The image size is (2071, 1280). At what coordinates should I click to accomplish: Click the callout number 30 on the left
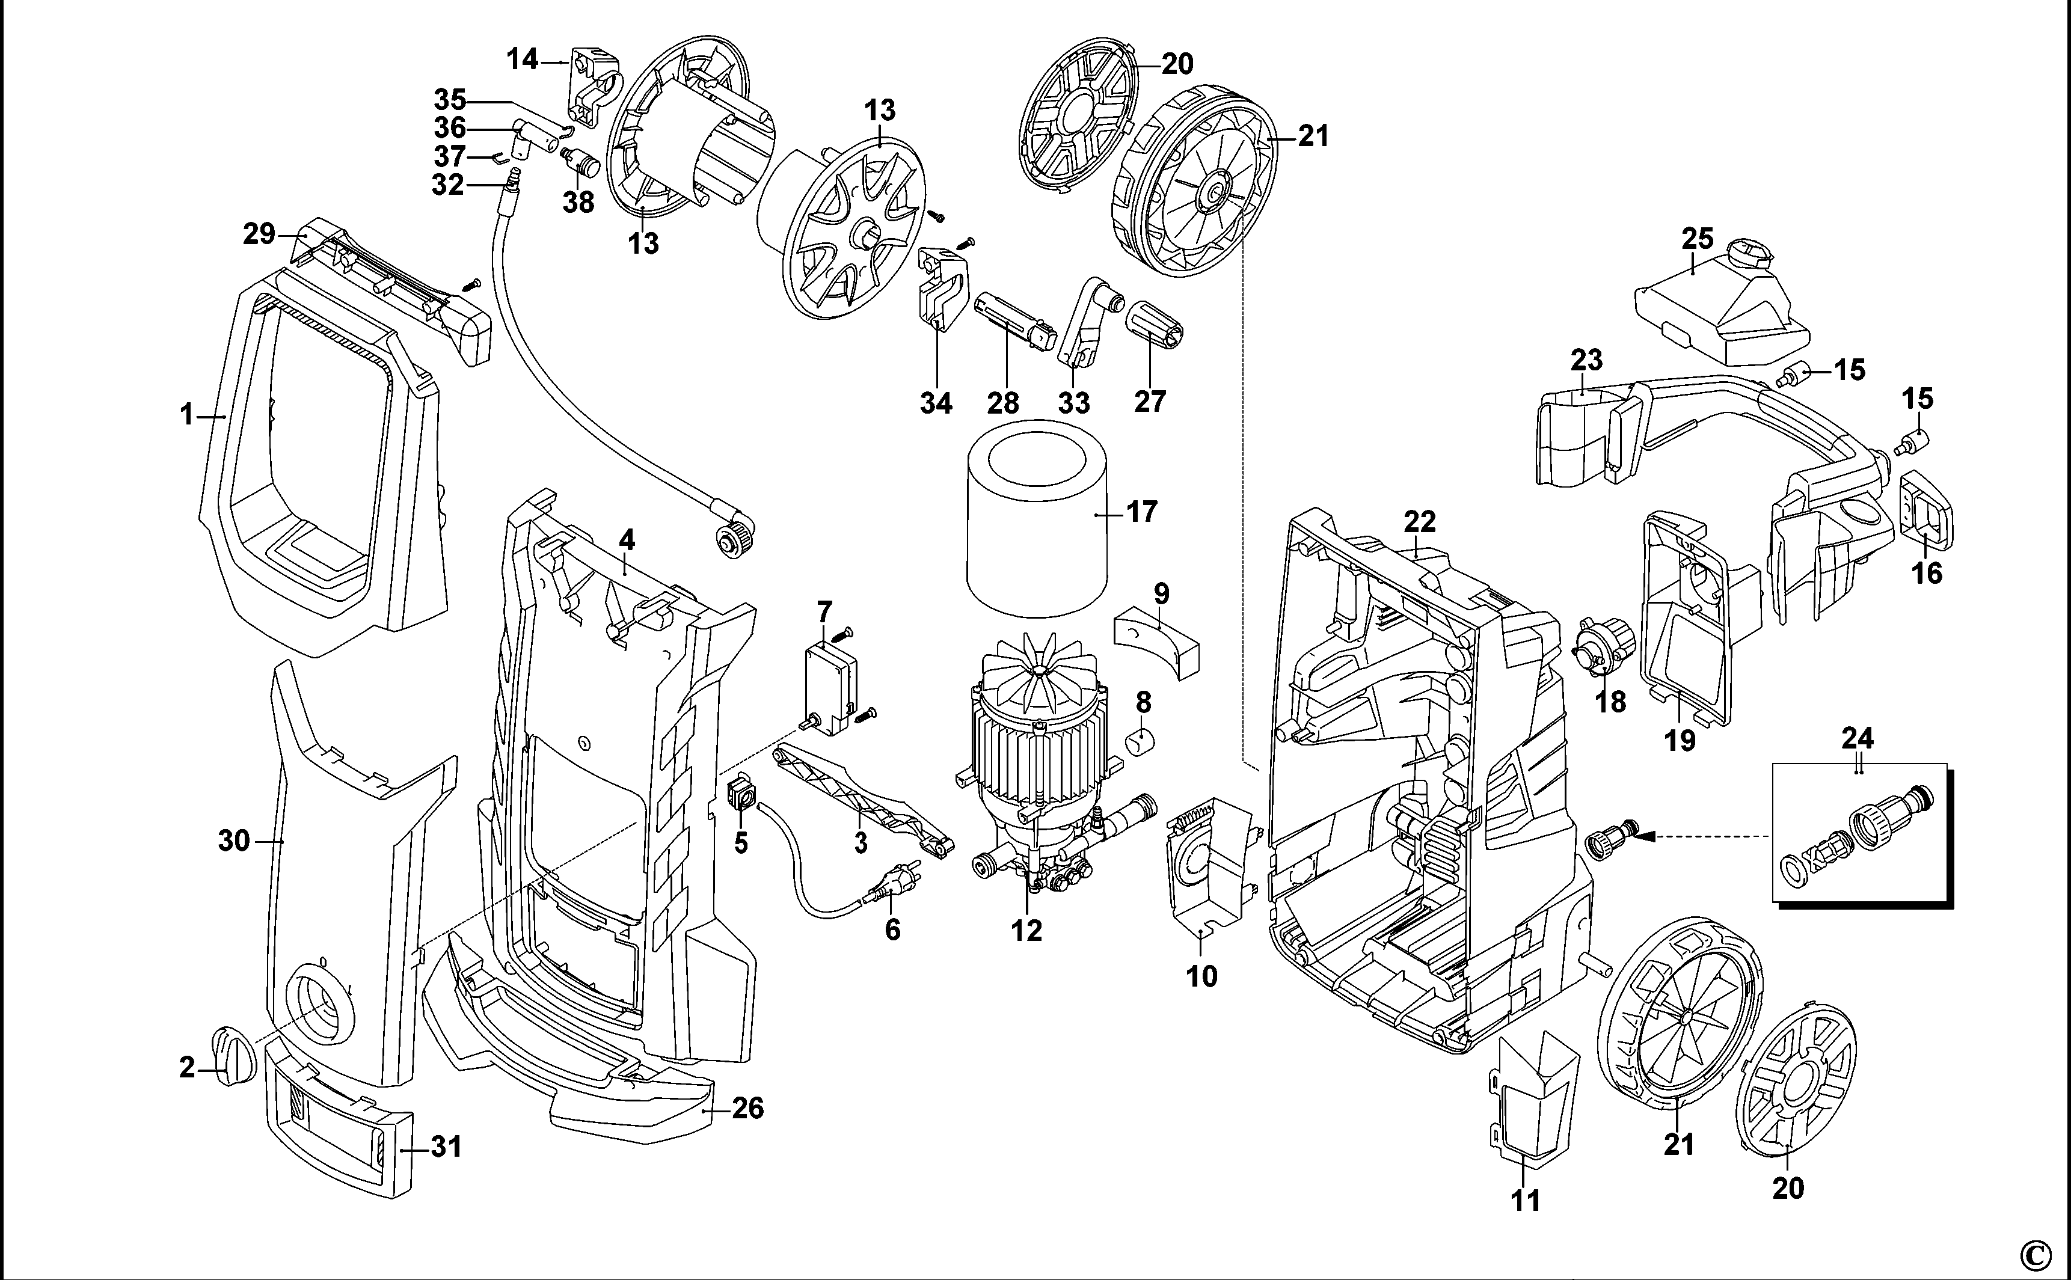coord(234,841)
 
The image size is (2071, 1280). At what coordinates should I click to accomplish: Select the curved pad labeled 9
coord(1158,647)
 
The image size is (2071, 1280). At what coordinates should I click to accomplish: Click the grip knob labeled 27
coord(1155,323)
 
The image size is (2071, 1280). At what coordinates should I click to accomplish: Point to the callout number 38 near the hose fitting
coord(579,203)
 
